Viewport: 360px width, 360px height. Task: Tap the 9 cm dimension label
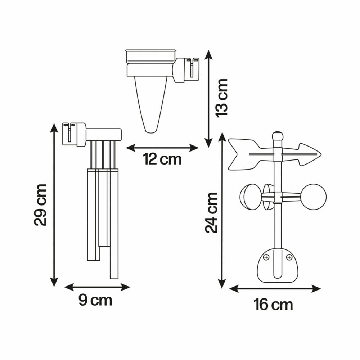pos(95,300)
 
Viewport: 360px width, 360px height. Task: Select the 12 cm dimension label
pos(162,159)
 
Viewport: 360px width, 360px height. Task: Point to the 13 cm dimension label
pos(222,97)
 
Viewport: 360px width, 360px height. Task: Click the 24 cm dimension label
pos(211,213)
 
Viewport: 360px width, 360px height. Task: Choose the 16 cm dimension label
pos(273,305)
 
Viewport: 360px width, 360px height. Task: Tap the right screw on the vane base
pos(289,257)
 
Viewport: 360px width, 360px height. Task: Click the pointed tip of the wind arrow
pos(321,154)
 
